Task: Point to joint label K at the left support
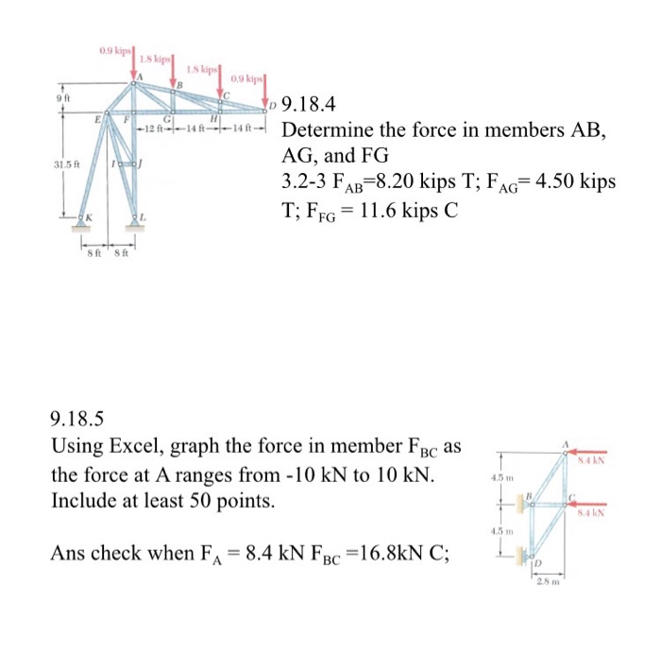[87, 218]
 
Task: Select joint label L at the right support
[143, 218]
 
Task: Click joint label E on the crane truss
[99, 119]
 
